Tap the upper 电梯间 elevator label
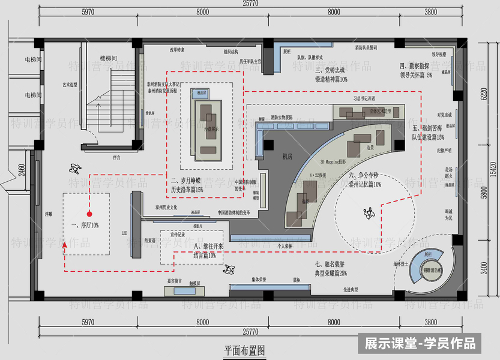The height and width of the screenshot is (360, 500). [x=32, y=59]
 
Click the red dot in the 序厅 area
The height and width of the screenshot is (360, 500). [x=88, y=214]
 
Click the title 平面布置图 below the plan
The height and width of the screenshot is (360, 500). [x=244, y=350]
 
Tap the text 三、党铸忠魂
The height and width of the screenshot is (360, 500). [x=332, y=69]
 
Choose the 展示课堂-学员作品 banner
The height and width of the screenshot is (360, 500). [x=420, y=343]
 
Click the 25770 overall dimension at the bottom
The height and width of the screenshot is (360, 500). [x=250, y=331]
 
